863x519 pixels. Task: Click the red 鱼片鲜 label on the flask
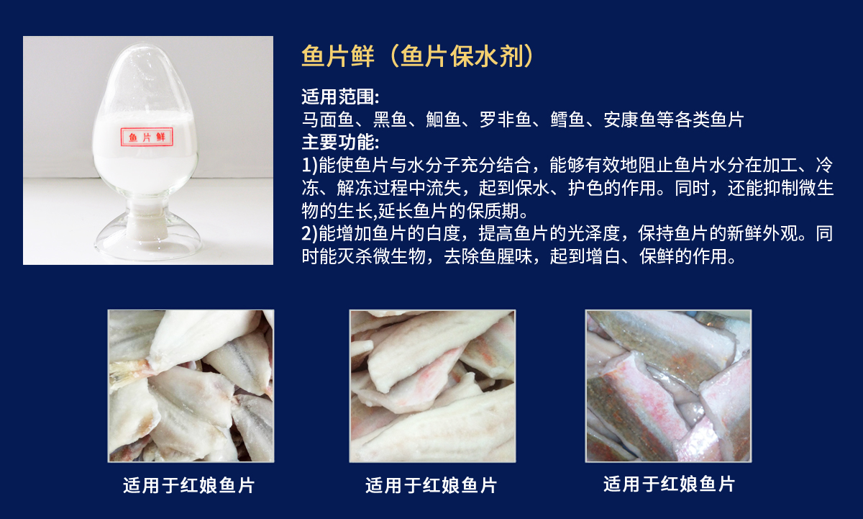(x=147, y=137)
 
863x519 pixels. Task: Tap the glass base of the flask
(x=148, y=238)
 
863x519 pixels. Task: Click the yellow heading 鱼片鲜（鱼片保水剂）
(x=417, y=56)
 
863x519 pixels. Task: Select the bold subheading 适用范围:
(x=340, y=96)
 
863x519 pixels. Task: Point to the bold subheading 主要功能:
(x=340, y=142)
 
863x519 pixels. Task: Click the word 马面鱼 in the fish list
(x=328, y=119)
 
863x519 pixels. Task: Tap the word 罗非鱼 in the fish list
(x=506, y=119)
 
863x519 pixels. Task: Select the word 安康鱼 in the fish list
(x=629, y=119)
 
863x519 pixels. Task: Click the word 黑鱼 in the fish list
(x=390, y=119)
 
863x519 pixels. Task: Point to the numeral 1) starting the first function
(x=309, y=165)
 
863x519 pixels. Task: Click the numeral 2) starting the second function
(x=309, y=233)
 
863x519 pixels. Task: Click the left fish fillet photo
(x=191, y=386)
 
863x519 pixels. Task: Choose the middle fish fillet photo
(x=432, y=386)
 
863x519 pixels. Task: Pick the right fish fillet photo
(x=668, y=386)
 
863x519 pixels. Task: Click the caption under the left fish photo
(x=188, y=485)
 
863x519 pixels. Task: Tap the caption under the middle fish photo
(x=431, y=485)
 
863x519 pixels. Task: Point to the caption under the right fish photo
(x=670, y=484)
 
